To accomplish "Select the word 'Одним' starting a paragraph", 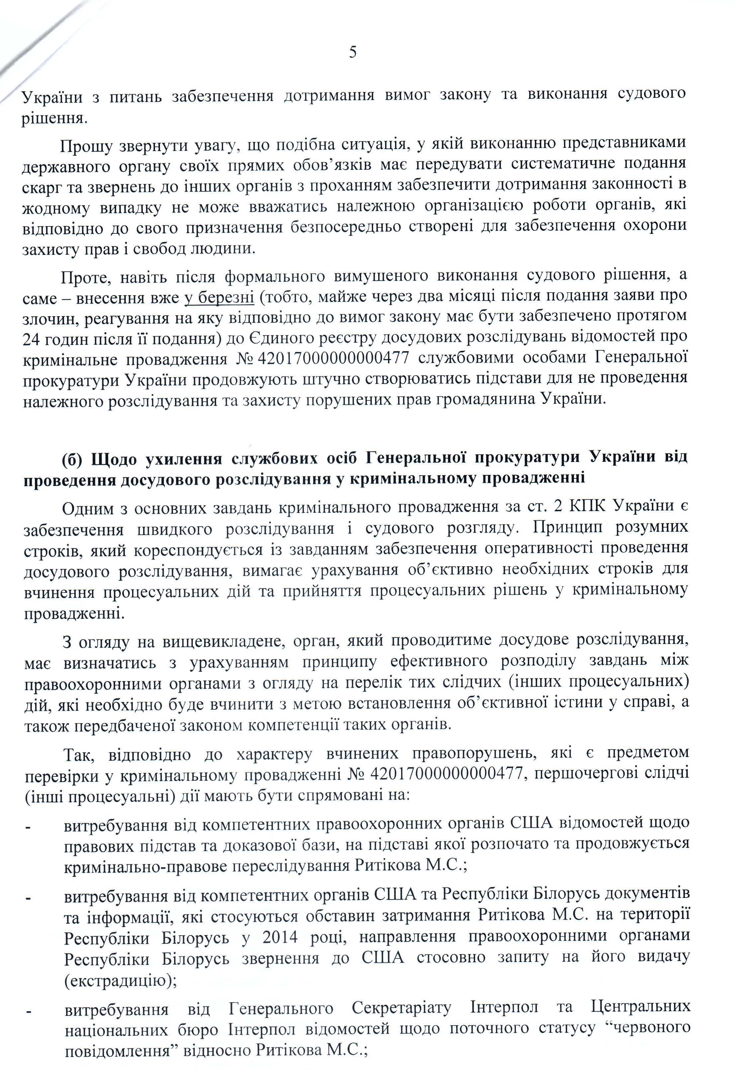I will (87, 508).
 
